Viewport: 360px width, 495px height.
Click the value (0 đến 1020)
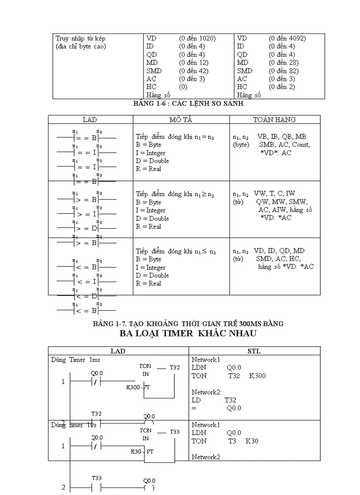coord(197,38)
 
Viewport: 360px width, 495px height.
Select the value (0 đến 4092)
coord(287,38)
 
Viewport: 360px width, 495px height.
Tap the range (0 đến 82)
coord(284,71)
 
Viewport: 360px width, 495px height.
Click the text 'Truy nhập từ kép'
coord(81,38)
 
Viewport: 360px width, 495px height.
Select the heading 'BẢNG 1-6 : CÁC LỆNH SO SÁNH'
coord(188,104)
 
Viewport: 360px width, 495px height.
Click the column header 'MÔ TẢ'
coord(181,119)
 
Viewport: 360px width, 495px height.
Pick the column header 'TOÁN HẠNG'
coord(274,119)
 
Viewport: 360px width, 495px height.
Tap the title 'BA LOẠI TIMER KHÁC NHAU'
coord(188,333)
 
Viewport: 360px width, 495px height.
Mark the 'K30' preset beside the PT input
coord(137,452)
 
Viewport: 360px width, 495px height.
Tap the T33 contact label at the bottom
coord(97,478)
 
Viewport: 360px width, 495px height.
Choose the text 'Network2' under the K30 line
coord(206,457)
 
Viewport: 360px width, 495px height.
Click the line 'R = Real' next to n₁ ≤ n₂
coord(149,283)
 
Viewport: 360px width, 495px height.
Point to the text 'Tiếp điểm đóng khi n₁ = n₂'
coord(175,137)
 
